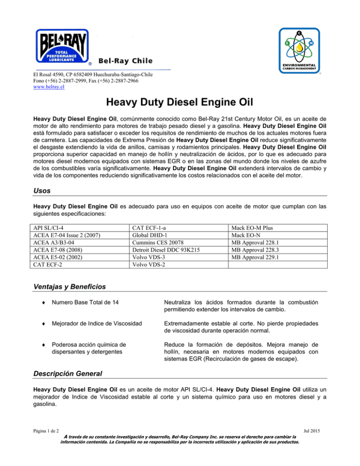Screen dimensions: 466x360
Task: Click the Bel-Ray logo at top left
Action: [x=63, y=46]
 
